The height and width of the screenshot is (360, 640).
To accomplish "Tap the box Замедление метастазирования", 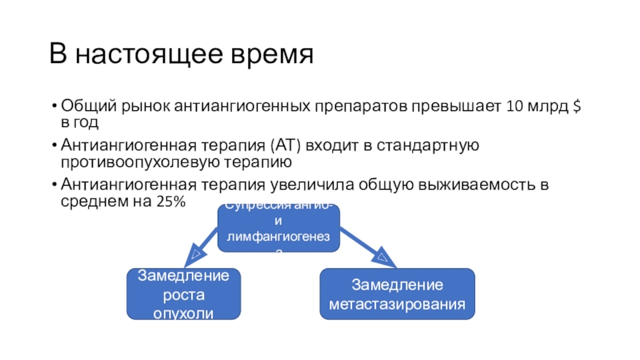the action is (x=397, y=294).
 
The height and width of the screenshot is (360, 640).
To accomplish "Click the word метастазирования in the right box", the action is (x=398, y=305).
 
